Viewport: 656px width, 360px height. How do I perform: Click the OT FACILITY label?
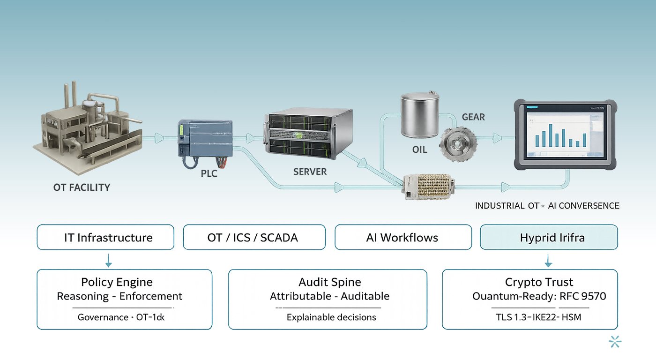click(82, 187)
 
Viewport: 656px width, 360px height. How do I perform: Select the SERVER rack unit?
click(309, 135)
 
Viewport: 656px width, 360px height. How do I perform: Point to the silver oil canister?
click(420, 115)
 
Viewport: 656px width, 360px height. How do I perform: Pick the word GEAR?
click(473, 117)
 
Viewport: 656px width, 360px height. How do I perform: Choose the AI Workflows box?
click(403, 237)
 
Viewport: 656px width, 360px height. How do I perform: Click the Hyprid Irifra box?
click(549, 237)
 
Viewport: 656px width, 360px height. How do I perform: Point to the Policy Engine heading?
click(117, 282)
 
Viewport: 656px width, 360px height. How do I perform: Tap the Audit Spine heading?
click(330, 282)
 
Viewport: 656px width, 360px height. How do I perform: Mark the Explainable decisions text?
click(331, 317)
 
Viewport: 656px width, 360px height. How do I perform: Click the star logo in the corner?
click(615, 342)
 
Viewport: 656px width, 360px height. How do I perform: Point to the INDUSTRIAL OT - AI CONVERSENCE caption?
click(547, 206)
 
